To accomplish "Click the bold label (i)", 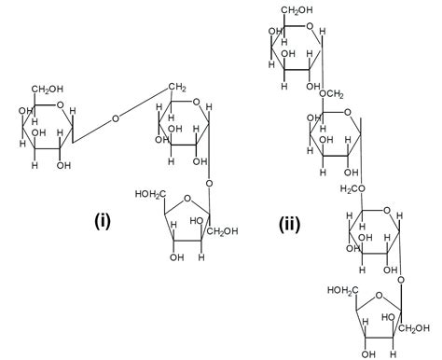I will point(104,221).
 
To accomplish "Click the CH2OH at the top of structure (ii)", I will point(277,10).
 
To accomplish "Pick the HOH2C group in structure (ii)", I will point(344,291).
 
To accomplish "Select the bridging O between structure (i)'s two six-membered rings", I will point(115,118).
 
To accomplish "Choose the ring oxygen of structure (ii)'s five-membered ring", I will point(382,294).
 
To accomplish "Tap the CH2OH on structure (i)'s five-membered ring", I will point(223,231).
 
